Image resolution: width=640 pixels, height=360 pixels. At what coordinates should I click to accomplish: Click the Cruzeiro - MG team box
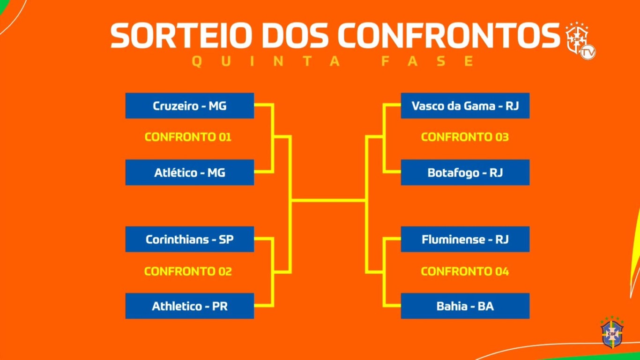[x=190, y=105]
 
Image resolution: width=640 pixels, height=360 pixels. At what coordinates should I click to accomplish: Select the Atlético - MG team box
[x=190, y=172]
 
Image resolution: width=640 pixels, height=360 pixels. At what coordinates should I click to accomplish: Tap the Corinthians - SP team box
[x=190, y=239]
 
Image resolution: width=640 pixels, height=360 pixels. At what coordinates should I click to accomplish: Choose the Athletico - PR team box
[x=190, y=306]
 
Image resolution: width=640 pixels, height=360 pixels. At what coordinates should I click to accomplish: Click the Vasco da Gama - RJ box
[x=465, y=105]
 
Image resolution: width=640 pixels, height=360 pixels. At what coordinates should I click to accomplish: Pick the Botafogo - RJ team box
[x=465, y=172]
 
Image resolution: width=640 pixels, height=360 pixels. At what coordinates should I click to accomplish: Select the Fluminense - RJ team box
[x=465, y=239]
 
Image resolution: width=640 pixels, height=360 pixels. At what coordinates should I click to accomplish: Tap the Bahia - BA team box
[x=465, y=306]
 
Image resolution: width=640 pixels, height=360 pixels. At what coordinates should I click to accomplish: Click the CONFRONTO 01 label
[x=188, y=137]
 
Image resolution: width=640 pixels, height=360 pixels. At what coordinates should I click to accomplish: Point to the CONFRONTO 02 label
[x=188, y=271]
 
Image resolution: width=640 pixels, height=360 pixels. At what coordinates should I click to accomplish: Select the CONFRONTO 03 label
[x=465, y=137]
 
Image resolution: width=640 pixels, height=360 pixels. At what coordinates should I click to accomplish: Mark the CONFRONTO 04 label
[x=465, y=271]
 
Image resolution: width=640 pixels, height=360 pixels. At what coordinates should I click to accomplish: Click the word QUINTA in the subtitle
[x=266, y=61]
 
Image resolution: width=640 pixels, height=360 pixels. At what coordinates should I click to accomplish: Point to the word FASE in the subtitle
[x=428, y=61]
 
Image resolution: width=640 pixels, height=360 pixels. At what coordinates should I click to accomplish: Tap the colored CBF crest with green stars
[x=612, y=332]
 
